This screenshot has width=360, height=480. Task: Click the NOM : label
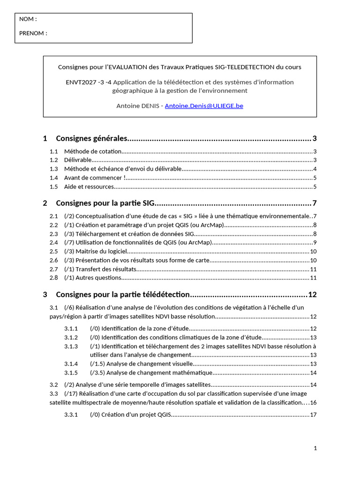[x=28, y=19]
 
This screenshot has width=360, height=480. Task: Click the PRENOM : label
[x=33, y=33]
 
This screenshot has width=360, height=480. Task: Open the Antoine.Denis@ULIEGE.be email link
[x=204, y=106]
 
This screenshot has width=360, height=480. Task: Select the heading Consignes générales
[x=91, y=138]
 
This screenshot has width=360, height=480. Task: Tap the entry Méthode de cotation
[x=93, y=151]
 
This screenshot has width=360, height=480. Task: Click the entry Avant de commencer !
[x=95, y=178]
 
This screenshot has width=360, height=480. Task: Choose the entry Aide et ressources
[x=89, y=187]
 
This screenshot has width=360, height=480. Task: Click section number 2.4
[x=54, y=242]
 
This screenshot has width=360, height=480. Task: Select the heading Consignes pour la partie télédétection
[x=122, y=294]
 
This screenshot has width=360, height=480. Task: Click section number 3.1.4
[x=71, y=364]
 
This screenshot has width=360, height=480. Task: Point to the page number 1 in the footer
[x=315, y=448]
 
